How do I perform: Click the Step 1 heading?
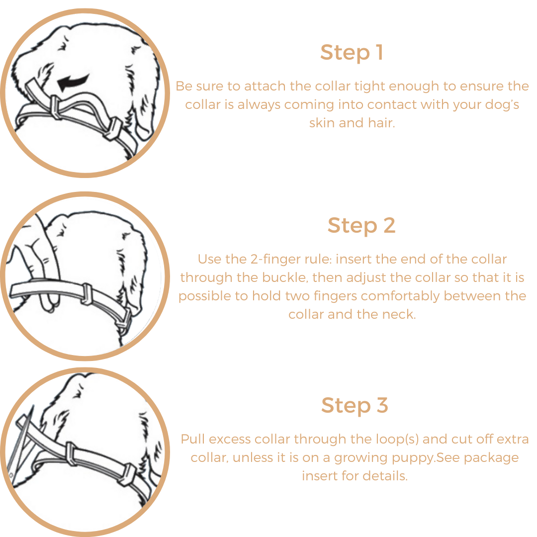coord(351,53)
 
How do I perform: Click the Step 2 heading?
coord(361,226)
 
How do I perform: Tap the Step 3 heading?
coord(354,405)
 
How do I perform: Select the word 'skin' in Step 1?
coord(322,123)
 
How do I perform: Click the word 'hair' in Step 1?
coord(381,123)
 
